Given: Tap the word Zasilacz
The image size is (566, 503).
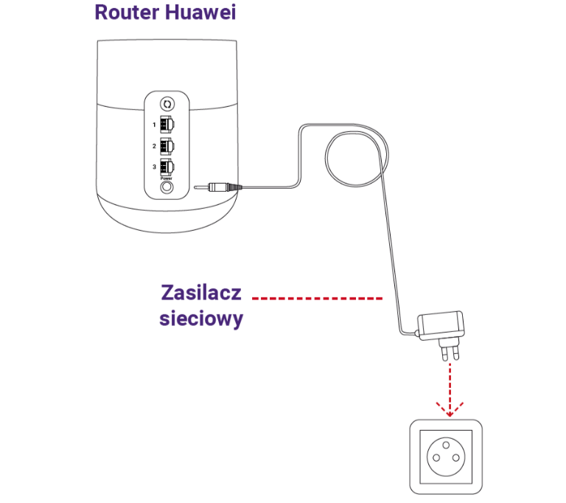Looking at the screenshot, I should pyautogui.click(x=201, y=293).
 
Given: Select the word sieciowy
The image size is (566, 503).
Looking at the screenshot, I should pyautogui.click(x=201, y=320).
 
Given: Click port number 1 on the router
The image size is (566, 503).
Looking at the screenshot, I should pyautogui.click(x=167, y=124).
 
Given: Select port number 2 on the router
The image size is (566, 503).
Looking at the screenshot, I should pyautogui.click(x=167, y=145).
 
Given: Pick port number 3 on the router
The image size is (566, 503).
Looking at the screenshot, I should pyautogui.click(x=167, y=167).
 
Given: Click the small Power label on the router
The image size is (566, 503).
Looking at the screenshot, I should pyautogui.click(x=167, y=178).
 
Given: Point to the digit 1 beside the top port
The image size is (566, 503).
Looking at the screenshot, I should pyautogui.click(x=155, y=125).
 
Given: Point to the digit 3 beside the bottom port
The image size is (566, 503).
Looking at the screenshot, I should pyautogui.click(x=155, y=167).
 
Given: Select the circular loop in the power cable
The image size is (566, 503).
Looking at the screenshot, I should pyautogui.click(x=353, y=160).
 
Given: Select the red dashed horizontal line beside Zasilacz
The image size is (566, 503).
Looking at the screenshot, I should pyautogui.click(x=317, y=299).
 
